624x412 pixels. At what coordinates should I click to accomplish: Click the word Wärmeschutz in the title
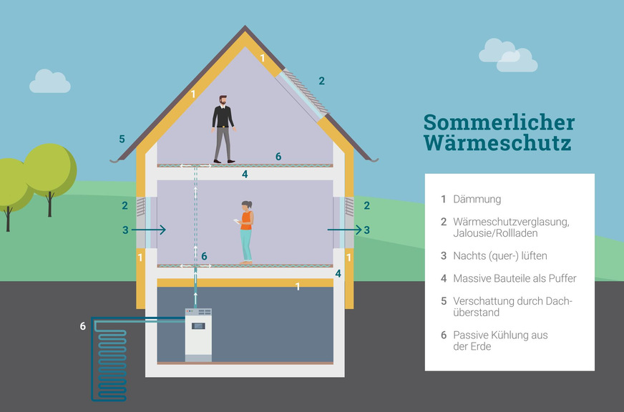click(x=497, y=142)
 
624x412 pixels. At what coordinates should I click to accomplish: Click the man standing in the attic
click(x=223, y=129)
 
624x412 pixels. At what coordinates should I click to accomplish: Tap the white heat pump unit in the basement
click(x=198, y=334)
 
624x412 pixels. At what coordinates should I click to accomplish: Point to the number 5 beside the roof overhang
click(x=122, y=139)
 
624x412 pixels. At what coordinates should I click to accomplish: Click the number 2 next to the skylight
click(x=321, y=81)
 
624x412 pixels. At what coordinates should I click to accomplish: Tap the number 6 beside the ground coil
click(x=83, y=326)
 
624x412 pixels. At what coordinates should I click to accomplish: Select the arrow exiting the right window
click(x=344, y=230)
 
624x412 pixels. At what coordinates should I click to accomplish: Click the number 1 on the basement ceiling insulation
click(x=298, y=287)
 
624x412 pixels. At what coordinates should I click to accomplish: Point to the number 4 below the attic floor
click(x=245, y=174)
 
